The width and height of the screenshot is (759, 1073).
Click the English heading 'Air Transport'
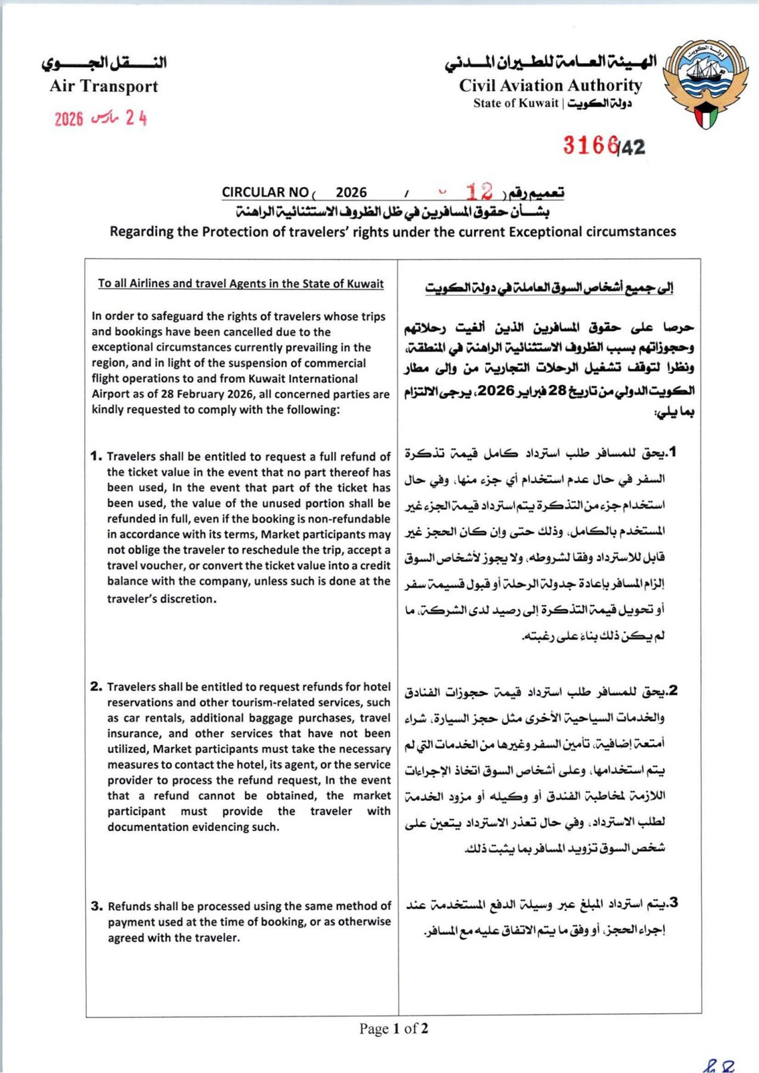tap(103, 86)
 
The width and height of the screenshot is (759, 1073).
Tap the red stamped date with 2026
tap(100, 119)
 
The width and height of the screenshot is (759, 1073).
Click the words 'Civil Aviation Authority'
tap(550, 86)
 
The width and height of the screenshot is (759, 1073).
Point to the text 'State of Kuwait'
tap(515, 103)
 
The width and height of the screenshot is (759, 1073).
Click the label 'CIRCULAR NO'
tap(265, 192)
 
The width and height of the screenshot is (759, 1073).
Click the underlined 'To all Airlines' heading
tap(241, 284)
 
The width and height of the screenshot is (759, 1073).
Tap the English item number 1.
tap(96, 456)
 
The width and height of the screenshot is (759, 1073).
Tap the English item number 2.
tap(96, 686)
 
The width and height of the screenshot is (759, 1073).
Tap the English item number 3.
tap(97, 906)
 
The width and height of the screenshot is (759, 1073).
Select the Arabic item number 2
tap(672, 690)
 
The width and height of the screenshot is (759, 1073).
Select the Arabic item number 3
tap(673, 903)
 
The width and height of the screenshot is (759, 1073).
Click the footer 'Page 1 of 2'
tap(393, 1028)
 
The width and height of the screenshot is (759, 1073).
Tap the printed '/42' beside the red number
tap(632, 147)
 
